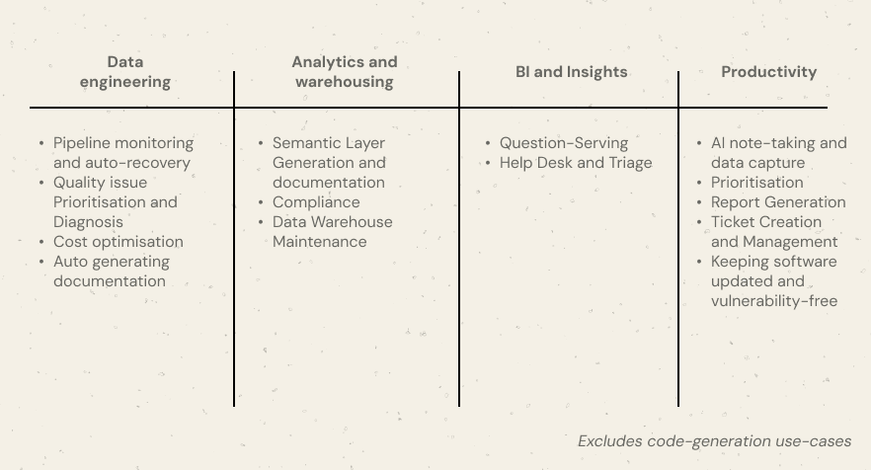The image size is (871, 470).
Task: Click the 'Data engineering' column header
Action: [x=125, y=72]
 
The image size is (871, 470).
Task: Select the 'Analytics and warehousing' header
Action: [x=345, y=72]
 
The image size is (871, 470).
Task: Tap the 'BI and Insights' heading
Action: [x=571, y=72]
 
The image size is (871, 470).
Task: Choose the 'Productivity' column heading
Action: [x=768, y=72]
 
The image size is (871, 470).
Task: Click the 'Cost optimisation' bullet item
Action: [x=119, y=242]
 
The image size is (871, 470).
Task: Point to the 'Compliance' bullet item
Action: [x=316, y=202]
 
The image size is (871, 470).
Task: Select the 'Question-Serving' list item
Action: [x=564, y=143]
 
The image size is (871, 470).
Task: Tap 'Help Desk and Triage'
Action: [x=576, y=163]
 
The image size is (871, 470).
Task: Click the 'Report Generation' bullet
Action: [x=778, y=202]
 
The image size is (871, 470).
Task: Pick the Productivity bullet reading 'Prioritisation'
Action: [x=757, y=183]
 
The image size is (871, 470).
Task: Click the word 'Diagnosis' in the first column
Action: [x=89, y=222]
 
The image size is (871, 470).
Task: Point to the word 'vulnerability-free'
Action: [x=774, y=301]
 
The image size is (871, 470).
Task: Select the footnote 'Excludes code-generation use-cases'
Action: [x=714, y=441]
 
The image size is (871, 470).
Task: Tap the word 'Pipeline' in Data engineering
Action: [x=83, y=143]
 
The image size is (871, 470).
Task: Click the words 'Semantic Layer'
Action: [x=329, y=143]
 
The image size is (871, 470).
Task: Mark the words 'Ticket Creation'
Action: [x=766, y=222]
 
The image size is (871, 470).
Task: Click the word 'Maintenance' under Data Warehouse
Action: [x=320, y=242]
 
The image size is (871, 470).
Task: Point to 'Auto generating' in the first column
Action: [x=112, y=262]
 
